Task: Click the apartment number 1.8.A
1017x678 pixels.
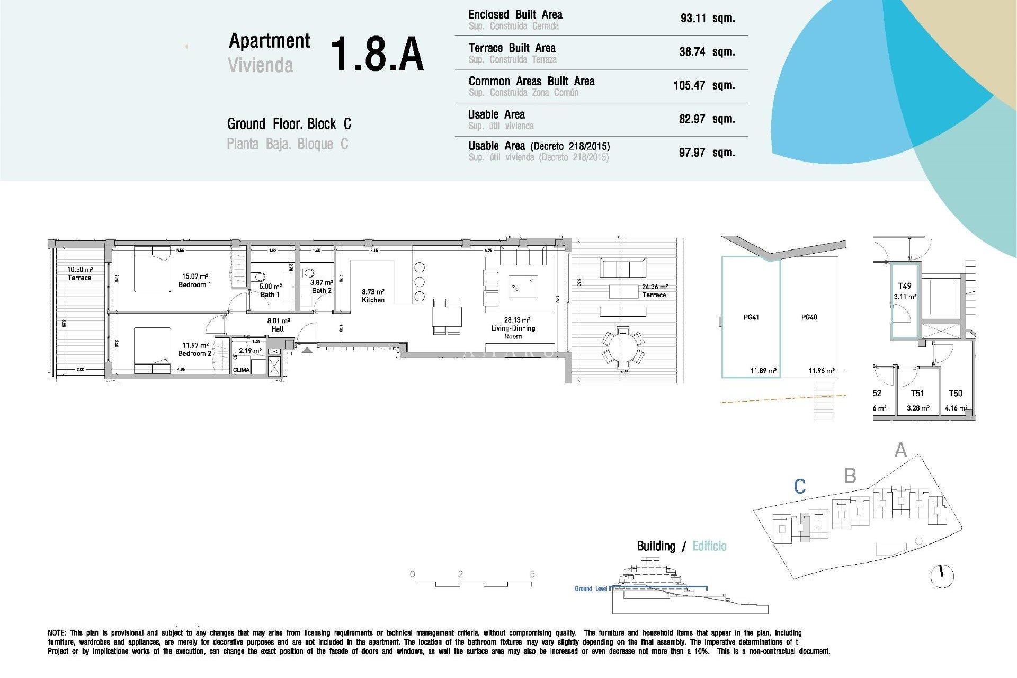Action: pos(377,54)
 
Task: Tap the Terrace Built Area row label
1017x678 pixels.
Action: pos(512,48)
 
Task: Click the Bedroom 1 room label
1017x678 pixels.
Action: pos(195,281)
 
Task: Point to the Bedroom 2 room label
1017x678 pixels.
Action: pos(195,350)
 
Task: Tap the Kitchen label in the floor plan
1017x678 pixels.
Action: pos(373,296)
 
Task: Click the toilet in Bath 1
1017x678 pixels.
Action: pos(260,276)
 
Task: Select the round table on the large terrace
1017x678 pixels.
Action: pos(623,347)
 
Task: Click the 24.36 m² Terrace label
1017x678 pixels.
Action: pos(655,291)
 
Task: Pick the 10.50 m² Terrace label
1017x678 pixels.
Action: pos(79,274)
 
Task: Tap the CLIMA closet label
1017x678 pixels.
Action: pos(242,370)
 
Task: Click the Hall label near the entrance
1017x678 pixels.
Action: pos(278,325)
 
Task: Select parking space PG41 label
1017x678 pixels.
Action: pos(751,317)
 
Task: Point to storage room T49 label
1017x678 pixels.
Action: pos(905,286)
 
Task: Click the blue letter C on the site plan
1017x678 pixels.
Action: pos(800,486)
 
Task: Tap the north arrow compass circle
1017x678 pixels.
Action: pos(942,576)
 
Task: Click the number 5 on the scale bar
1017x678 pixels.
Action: pos(532,574)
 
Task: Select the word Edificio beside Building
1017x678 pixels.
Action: pos(709,546)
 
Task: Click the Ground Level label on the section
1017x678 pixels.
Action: pos(591,589)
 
